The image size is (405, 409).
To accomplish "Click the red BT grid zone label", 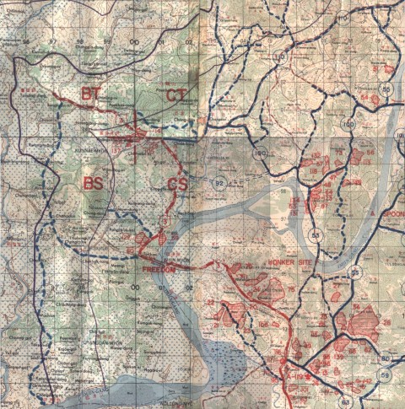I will (91, 93).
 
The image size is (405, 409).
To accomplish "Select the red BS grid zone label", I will (94, 182).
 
